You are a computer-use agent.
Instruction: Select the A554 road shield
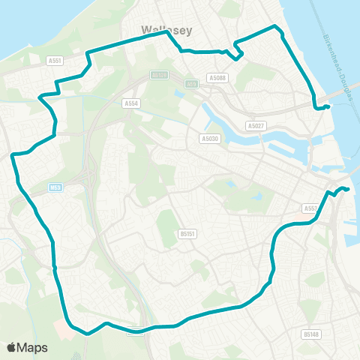point(131,103)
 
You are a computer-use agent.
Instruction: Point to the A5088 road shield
point(217,77)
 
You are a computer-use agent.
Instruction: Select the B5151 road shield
point(187,234)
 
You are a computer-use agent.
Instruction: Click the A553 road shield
point(312,208)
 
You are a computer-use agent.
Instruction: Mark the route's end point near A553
point(349,189)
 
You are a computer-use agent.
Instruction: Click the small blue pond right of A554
point(178,94)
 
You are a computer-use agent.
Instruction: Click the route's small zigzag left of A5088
point(235,50)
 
